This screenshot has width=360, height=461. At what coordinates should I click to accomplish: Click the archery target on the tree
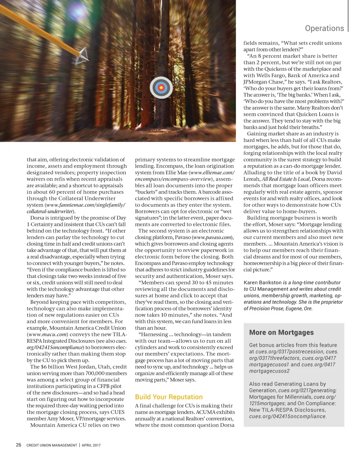pos(161,88)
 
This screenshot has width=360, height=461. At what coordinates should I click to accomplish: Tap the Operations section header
pos(324,28)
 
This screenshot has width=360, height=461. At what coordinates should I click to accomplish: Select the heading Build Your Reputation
pos(169,397)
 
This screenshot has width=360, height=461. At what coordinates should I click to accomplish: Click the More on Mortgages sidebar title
pos(281,333)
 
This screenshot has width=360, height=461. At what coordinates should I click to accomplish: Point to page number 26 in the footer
pos(19,445)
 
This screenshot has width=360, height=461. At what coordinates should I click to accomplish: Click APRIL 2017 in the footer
pos(91,445)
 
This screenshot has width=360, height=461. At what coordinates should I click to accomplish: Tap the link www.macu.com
pos(47,335)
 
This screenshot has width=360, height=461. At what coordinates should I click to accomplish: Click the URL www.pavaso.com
pos(212,238)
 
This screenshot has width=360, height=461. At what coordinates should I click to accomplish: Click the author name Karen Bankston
pos(263,283)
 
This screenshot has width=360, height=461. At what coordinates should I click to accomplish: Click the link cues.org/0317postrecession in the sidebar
pos(289,352)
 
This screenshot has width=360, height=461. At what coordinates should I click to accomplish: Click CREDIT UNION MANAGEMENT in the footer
pos(52,445)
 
